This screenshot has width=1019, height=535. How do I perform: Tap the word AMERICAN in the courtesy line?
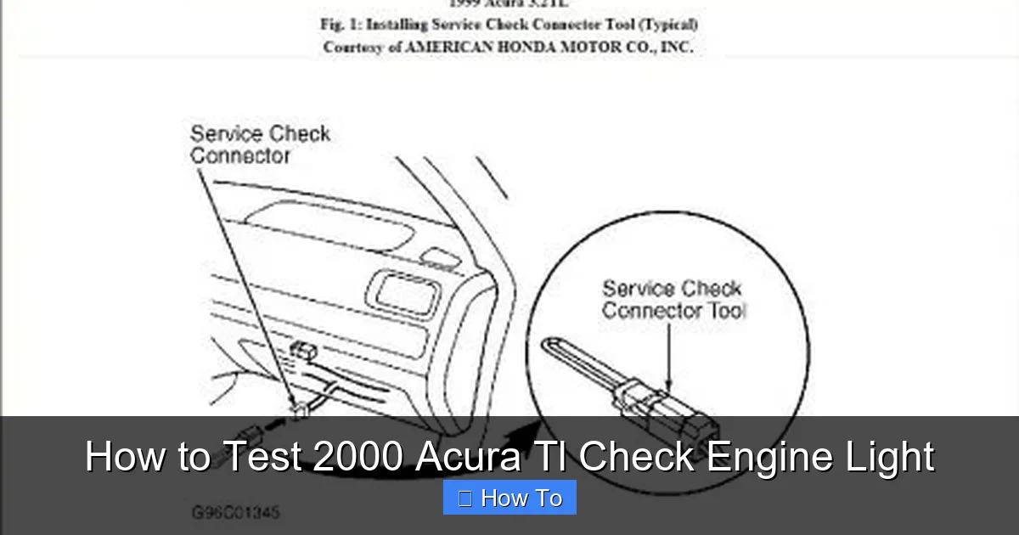(x=449, y=48)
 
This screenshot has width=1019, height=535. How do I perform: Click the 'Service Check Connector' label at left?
(x=259, y=144)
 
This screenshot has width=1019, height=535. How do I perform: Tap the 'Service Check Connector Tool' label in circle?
(x=673, y=300)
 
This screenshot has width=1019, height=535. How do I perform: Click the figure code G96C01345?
(x=235, y=513)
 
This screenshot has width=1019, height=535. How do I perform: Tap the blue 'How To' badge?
(x=509, y=498)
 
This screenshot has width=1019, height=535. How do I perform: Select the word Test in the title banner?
(x=263, y=457)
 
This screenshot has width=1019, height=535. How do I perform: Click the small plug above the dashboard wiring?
(x=304, y=350)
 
